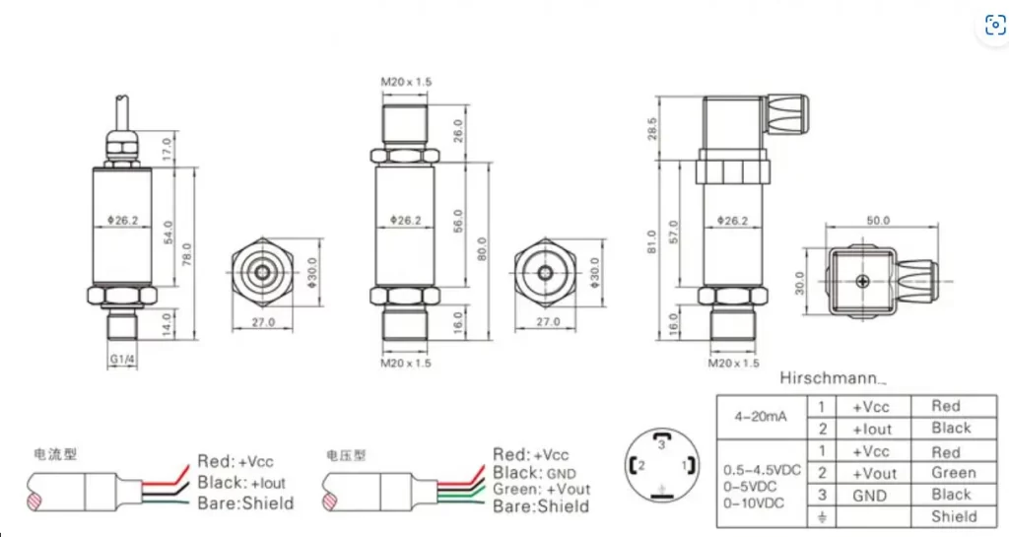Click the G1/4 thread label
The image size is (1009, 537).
122,360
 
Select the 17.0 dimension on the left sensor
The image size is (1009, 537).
167,150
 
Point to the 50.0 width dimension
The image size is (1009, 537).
877,220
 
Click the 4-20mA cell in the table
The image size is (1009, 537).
761,417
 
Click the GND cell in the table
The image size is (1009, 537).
871,495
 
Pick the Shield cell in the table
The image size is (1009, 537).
953,516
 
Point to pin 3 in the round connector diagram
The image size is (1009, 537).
663,444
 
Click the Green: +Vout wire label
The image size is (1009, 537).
541,490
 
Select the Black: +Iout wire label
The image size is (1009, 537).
241,482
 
